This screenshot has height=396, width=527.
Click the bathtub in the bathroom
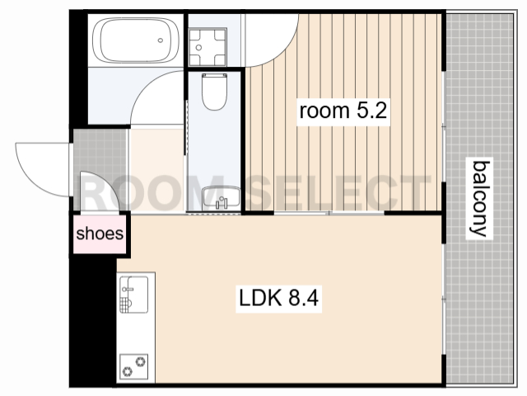(x=135, y=40)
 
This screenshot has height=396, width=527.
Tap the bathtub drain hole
(x=161, y=40)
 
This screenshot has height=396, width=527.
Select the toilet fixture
(x=214, y=92)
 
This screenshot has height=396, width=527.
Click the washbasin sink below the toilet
(x=222, y=197)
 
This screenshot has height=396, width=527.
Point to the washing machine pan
(x=208, y=47)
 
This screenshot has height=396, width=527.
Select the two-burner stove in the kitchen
(x=133, y=366)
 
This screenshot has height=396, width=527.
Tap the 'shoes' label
(x=100, y=233)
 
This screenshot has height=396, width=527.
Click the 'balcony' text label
(x=479, y=199)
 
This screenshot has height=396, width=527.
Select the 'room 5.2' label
(x=343, y=111)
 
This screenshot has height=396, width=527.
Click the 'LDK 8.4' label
(x=278, y=298)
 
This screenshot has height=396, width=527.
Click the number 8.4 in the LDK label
(x=303, y=298)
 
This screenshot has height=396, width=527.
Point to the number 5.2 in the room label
(x=371, y=111)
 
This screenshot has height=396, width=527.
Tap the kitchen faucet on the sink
(x=127, y=289)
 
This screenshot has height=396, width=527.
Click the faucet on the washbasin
(x=222, y=203)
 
